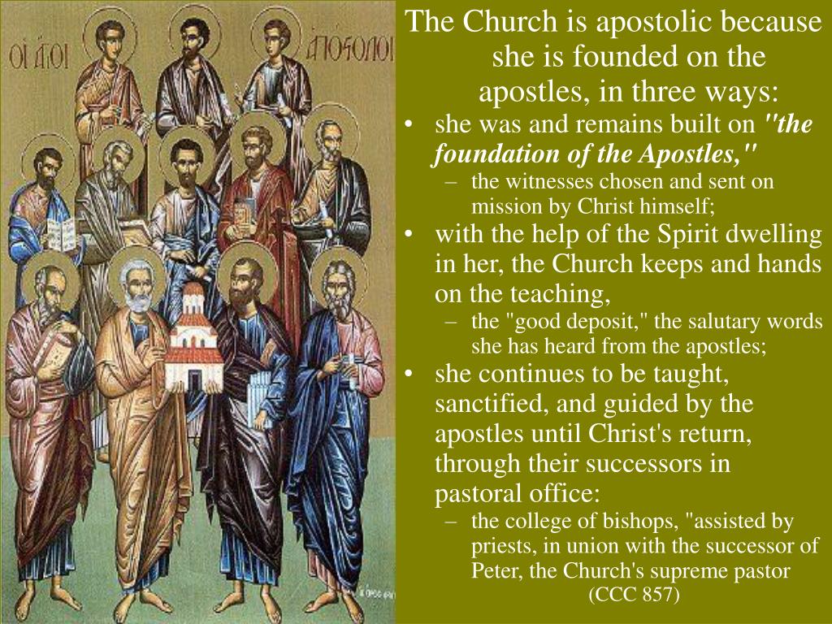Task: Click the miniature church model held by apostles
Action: click(x=192, y=340)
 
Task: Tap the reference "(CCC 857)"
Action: click(x=634, y=593)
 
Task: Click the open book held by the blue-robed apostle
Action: click(x=61, y=234)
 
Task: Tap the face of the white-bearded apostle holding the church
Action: click(x=138, y=291)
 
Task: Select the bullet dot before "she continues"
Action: click(x=408, y=375)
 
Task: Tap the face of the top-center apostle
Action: click(x=193, y=38)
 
